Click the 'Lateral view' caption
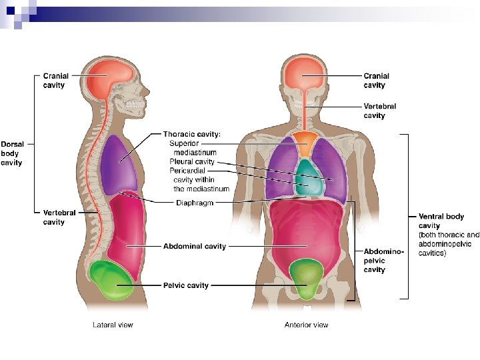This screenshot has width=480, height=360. [112, 325]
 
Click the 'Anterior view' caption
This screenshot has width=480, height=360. [306, 325]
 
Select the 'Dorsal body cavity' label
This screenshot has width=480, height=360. [11, 153]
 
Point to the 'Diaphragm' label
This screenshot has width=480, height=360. [195, 203]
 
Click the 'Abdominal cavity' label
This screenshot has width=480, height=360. [195, 246]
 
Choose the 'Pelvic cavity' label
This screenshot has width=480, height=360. [186, 285]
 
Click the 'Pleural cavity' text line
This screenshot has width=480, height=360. [191, 161]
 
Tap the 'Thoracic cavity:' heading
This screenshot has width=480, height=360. [192, 134]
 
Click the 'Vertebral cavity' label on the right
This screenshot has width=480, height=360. [379, 111]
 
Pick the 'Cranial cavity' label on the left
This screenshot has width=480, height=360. [55, 81]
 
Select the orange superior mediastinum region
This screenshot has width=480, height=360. [307, 144]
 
